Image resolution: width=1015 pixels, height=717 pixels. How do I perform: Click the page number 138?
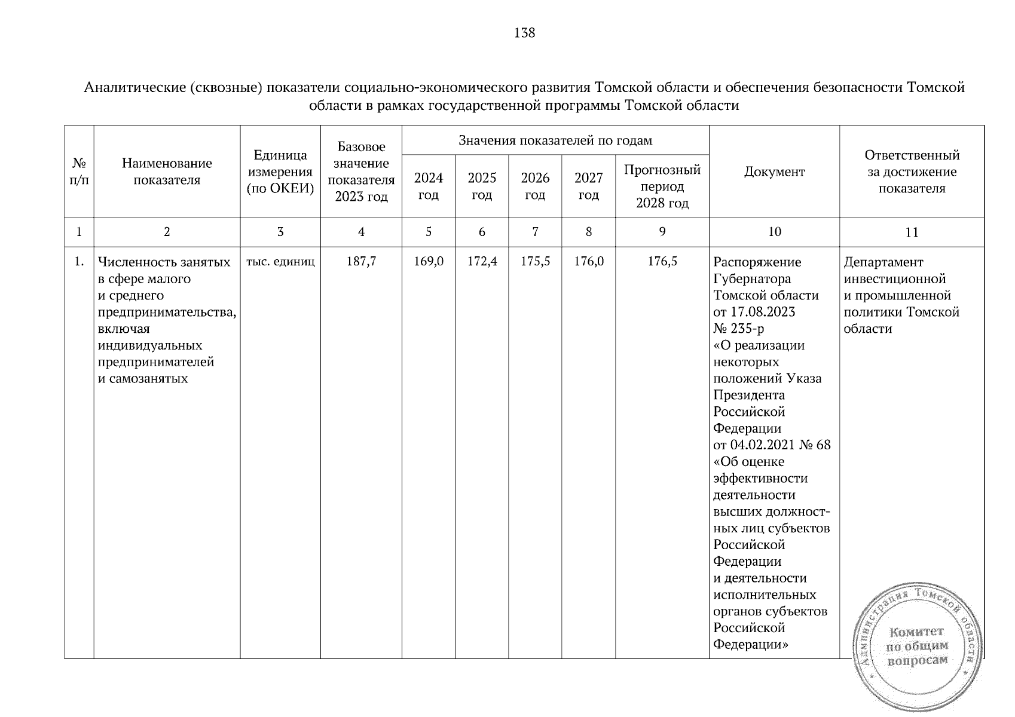[x=524, y=33]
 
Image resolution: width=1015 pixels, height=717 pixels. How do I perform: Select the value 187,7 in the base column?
[x=361, y=262]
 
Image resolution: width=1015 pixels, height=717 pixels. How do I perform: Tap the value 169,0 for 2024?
[x=429, y=262]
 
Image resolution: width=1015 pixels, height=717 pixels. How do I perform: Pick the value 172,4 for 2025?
[x=482, y=262]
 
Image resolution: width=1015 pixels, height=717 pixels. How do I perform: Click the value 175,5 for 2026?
[x=535, y=262]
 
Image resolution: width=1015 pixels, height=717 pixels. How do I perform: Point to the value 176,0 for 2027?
[x=589, y=262]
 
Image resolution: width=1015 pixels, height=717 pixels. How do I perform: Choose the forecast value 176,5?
[x=662, y=262]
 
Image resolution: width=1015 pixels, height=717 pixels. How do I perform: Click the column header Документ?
[x=774, y=172]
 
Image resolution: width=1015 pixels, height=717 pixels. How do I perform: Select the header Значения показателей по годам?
[x=555, y=140]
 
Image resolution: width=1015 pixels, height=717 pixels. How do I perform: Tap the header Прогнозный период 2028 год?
[x=662, y=186]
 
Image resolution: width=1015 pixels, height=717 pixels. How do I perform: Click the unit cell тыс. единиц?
[x=280, y=262]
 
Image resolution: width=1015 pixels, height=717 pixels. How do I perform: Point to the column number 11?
[x=912, y=232]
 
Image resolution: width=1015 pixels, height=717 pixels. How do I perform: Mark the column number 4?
[x=361, y=232]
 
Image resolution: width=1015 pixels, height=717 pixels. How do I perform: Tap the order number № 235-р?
[x=738, y=329]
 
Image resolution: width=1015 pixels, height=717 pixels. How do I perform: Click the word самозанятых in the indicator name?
[x=148, y=378]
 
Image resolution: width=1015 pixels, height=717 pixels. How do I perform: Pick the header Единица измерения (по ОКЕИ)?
[x=280, y=172]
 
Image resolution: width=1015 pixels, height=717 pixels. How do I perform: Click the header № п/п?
[x=79, y=172]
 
